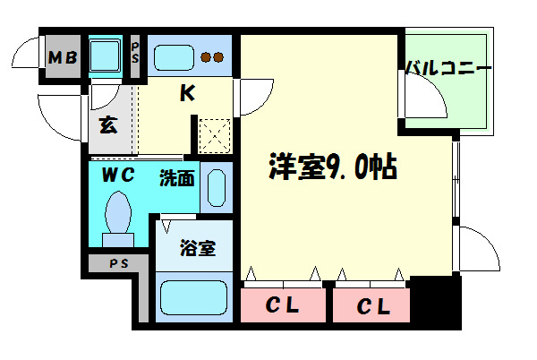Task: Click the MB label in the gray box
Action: point(63,59)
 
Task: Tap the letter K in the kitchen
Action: point(189,93)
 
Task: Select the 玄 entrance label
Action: point(107,124)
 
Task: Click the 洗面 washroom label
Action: point(177,177)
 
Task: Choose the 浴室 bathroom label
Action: point(195,247)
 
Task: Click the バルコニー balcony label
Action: point(448,68)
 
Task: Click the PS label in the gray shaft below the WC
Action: point(117,265)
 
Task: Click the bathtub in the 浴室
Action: point(194,297)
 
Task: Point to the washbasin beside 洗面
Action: point(217,187)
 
